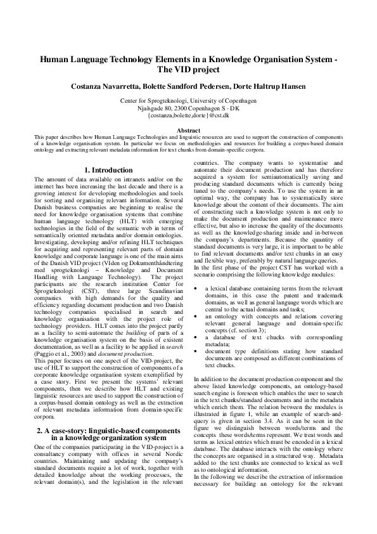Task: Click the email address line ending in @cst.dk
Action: (x=188, y=115)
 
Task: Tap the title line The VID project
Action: (x=188, y=70)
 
